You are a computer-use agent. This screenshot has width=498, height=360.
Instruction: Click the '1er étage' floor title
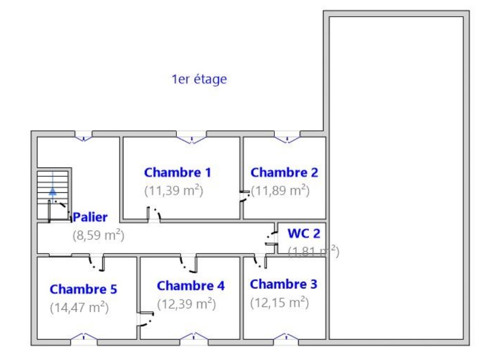tap(199, 79)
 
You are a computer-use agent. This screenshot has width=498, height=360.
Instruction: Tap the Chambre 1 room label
tap(177, 172)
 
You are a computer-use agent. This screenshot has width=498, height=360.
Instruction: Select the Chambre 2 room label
tap(284, 172)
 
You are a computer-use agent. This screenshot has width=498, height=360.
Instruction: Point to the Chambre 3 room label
tap(283, 284)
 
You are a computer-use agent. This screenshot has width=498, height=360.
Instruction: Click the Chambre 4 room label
tap(191, 286)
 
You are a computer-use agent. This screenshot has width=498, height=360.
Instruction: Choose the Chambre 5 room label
tap(83, 289)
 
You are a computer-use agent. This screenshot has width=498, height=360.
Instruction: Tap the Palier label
tap(90, 217)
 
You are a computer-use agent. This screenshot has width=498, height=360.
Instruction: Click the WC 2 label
tap(304, 233)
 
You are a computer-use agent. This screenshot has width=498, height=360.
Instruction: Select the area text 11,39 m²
tap(174, 191)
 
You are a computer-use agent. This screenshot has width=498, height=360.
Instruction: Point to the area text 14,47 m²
tap(79, 307)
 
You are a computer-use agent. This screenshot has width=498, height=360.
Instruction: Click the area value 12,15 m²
tap(280, 303)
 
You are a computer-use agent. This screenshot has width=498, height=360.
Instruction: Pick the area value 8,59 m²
tap(98, 235)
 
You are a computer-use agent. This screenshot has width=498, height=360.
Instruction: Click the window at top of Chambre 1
tap(192, 137)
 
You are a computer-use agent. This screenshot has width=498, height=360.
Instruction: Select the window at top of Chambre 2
tap(287, 137)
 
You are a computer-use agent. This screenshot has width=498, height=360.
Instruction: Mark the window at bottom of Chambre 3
tap(286, 339)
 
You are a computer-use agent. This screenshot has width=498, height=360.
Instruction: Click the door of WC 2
tap(272, 238)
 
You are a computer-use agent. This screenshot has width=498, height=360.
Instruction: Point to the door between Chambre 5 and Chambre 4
tap(145, 319)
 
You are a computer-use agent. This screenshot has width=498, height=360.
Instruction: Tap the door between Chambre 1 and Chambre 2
tap(245, 196)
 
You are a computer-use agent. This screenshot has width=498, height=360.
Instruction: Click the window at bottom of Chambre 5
tap(84, 339)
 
